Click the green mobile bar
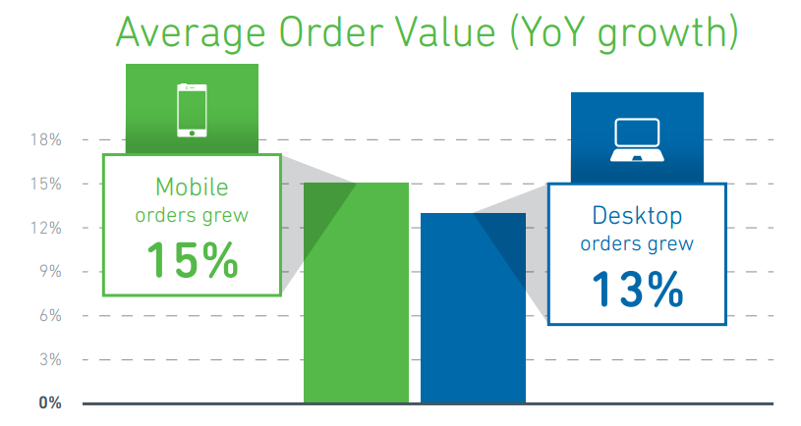click(356, 293)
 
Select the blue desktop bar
click(473, 307)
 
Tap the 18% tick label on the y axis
click(46, 139)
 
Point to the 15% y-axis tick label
click(46, 184)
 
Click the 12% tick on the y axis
click(46, 228)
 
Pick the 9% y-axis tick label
click(50, 272)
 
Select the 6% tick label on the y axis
click(50, 315)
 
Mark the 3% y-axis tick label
click(50, 359)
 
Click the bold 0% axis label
click(50, 403)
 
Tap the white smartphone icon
click(192, 110)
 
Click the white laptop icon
click(637, 139)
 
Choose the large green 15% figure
click(192, 260)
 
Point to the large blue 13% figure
click(637, 289)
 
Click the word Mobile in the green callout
click(192, 186)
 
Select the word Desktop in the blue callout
click(637, 216)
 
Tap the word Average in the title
click(191, 33)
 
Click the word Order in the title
click(332, 31)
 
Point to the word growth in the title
click(662, 34)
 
